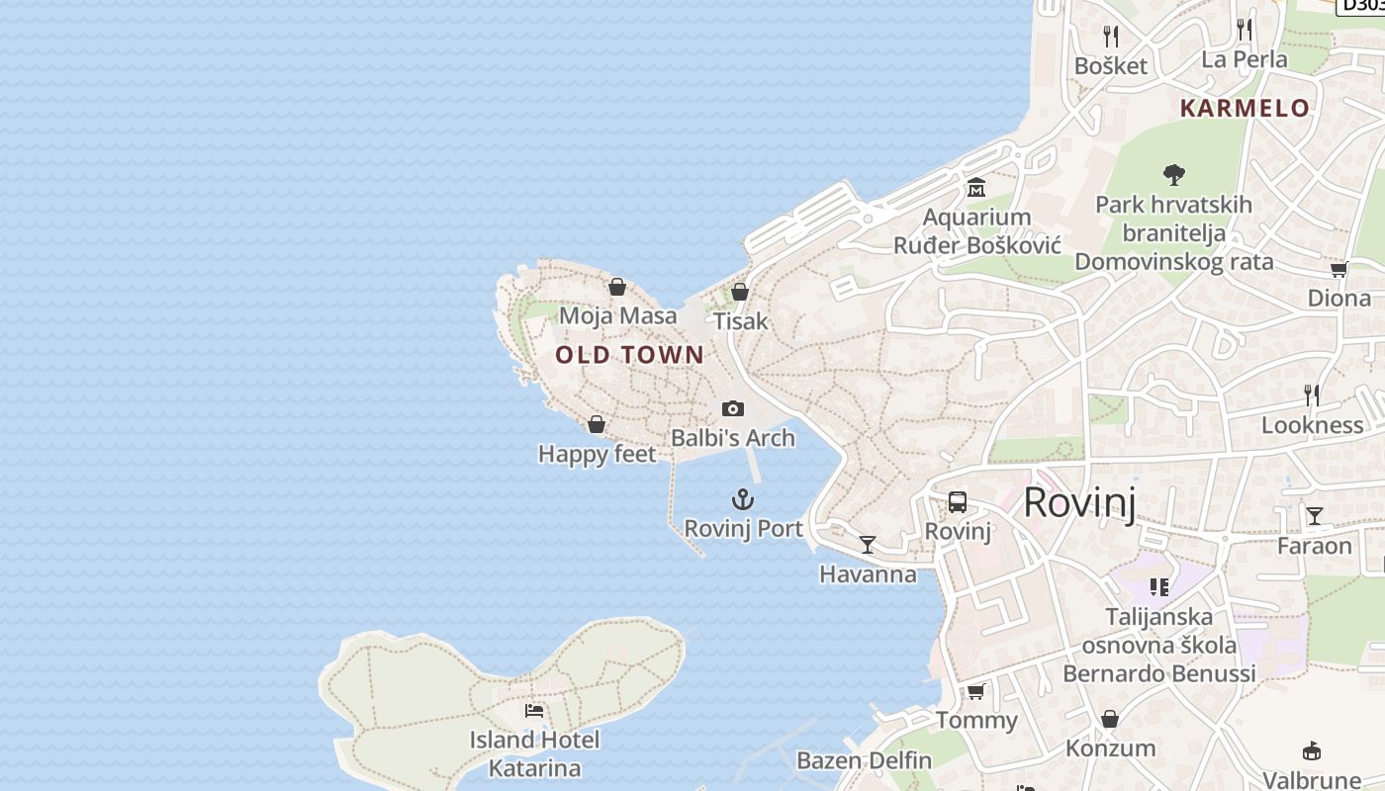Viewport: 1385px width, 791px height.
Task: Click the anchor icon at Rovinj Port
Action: tap(743, 499)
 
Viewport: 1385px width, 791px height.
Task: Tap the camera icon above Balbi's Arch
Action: tap(733, 408)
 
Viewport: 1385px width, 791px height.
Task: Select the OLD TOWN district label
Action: tap(630, 355)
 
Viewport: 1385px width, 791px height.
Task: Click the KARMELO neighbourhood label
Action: tap(1245, 108)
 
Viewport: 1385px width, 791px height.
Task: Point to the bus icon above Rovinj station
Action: tap(958, 502)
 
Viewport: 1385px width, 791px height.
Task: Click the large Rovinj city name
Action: tap(1079, 502)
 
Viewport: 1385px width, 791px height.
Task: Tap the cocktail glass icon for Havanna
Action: tap(868, 545)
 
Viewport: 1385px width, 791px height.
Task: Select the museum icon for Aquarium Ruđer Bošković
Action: tap(976, 188)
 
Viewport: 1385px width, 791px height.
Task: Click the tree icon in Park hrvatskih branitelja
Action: tap(1174, 175)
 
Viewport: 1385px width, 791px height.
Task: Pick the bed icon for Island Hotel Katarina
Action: tap(534, 710)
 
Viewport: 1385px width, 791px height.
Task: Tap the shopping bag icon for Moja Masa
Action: tap(617, 287)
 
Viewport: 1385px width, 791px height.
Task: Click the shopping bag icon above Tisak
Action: tap(739, 292)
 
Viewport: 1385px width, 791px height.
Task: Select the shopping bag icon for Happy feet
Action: tap(597, 424)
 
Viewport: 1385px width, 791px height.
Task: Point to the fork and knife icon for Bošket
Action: tap(1111, 37)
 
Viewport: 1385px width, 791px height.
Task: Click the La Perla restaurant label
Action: tap(1245, 59)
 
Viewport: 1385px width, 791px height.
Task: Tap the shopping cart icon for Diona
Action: tap(1339, 269)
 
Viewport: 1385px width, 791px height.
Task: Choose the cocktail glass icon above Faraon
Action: tap(1314, 516)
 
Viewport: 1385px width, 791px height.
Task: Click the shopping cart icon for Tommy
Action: tap(976, 691)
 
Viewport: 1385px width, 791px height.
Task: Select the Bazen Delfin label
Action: tap(864, 760)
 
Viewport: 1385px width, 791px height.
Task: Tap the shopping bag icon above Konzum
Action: tap(1110, 719)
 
